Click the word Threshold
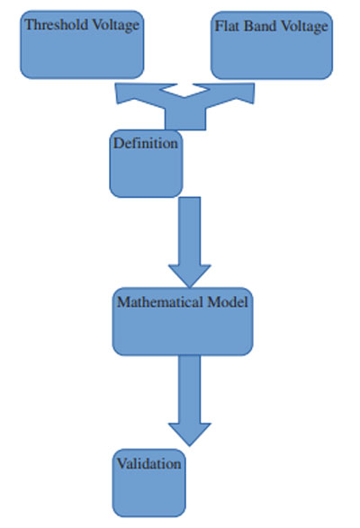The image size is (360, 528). tap(57, 24)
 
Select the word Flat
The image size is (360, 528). tap(228, 26)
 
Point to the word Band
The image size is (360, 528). tap(260, 26)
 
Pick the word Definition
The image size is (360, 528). tap(146, 143)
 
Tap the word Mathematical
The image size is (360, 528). tap(160, 301)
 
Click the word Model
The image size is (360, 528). tap(228, 301)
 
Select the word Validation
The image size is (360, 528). tap(149, 463)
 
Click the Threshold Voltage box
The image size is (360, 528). tap(82, 45)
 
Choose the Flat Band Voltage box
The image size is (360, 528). tap(272, 46)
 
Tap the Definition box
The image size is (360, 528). tap(146, 164)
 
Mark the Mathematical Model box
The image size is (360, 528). tap(183, 322)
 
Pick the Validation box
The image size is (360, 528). tap(149, 483)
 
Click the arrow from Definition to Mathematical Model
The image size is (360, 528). tap(190, 243)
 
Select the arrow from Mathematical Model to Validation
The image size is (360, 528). tap(190, 400)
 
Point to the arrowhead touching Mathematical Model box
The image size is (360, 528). tap(190, 276)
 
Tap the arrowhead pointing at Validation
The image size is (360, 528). tap(190, 434)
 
